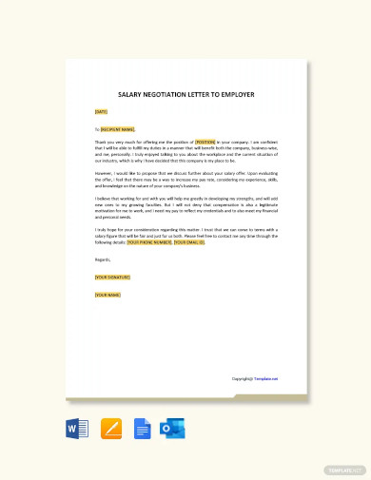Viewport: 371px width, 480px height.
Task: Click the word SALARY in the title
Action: [129, 95]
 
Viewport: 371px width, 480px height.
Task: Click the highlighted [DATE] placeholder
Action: [101, 112]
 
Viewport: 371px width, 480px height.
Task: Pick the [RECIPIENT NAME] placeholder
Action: [118, 129]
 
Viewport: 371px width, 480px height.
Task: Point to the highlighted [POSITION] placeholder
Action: [206, 140]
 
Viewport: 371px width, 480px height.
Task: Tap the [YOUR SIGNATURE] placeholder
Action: [112, 277]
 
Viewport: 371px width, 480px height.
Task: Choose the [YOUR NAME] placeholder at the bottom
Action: [107, 294]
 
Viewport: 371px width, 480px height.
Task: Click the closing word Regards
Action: [103, 259]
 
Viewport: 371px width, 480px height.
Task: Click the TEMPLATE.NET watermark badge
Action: [343, 470]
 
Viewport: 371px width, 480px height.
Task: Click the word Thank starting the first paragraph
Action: [101, 140]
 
